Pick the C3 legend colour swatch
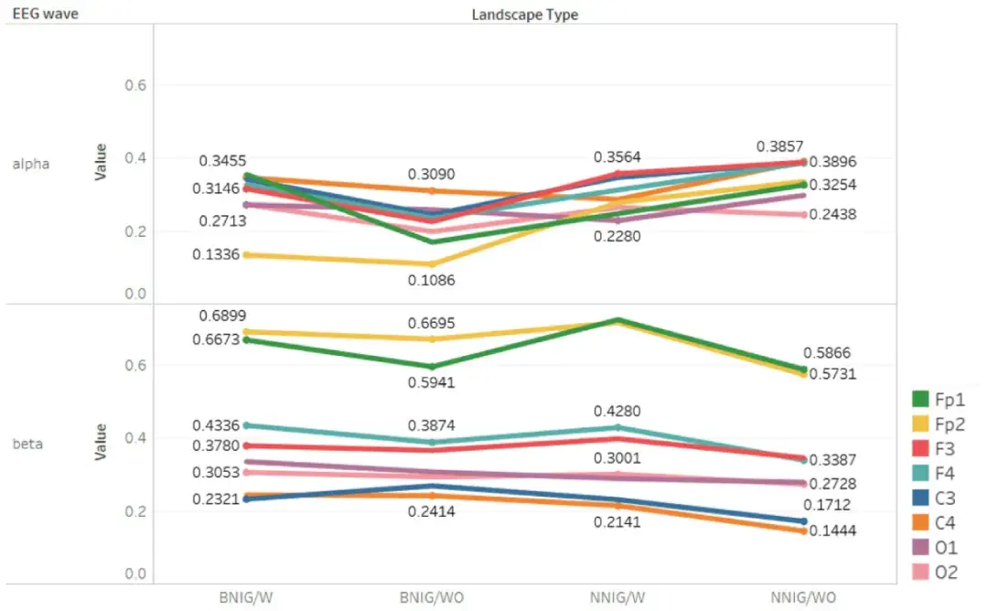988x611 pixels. click(x=921, y=498)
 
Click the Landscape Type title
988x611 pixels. click(x=524, y=15)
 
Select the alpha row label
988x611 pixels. click(x=30, y=165)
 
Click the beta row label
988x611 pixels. click(x=27, y=445)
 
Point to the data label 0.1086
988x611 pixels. click(x=431, y=281)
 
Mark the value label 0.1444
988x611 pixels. click(x=832, y=531)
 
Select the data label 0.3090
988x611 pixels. click(x=431, y=174)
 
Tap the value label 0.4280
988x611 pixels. click(x=617, y=412)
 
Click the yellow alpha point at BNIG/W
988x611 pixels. click(x=246, y=255)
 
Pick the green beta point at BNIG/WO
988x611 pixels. click(x=431, y=367)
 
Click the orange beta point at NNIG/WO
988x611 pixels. click(x=803, y=531)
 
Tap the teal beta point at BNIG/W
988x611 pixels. click(x=246, y=425)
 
